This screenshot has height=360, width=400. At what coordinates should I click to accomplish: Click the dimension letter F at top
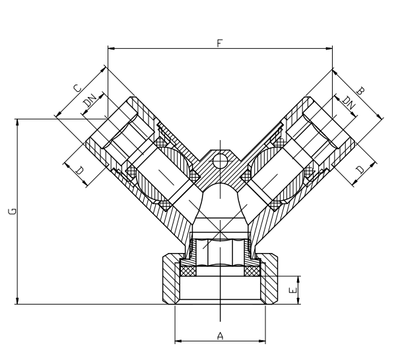220,43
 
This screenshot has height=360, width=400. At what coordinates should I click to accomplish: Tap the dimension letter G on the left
13,211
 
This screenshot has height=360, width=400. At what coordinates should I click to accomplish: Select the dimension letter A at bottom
220,336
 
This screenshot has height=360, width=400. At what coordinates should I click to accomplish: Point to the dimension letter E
293,290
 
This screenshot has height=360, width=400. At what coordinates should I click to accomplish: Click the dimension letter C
77,88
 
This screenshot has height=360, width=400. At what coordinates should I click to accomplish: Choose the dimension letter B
360,90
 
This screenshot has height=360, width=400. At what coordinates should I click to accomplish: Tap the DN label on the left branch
90,100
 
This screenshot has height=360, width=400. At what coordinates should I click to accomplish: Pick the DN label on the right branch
349,102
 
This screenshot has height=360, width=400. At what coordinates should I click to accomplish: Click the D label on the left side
80,170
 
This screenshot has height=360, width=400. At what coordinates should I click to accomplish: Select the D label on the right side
360,170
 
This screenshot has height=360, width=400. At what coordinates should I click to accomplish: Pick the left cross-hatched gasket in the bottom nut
188,271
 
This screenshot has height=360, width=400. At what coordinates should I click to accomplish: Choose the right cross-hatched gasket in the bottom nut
252,271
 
